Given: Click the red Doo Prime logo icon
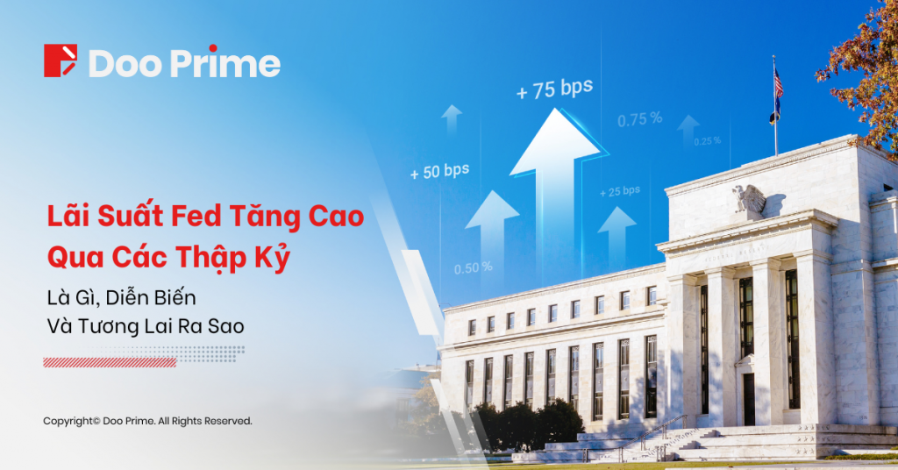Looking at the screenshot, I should (61, 61).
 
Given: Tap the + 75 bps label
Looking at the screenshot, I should (553, 89).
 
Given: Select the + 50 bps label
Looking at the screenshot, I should (439, 172).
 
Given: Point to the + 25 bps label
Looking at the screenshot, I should (620, 191).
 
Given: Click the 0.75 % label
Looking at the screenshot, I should (639, 120).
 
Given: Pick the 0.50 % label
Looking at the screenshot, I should (473, 267).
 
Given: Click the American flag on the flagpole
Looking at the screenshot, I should (778, 83).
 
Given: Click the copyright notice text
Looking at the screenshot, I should (147, 421).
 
